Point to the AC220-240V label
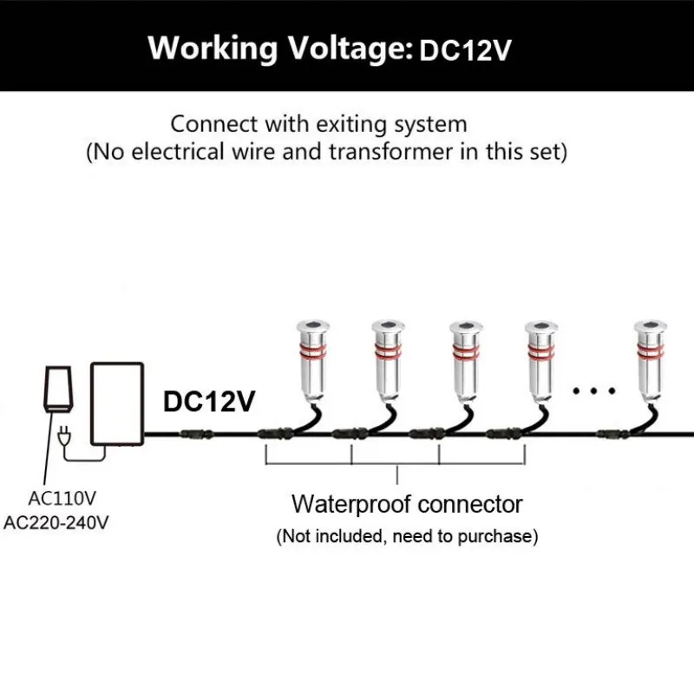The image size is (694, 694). (x=56, y=522)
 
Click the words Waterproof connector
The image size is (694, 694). (x=407, y=503)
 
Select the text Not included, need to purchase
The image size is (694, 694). (x=407, y=536)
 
